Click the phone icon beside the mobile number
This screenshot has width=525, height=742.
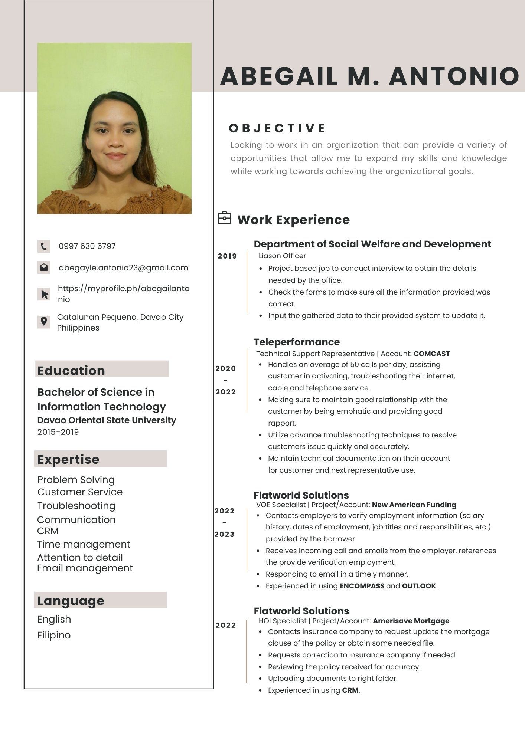(x=44, y=246)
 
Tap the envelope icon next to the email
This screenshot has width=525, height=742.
(x=44, y=267)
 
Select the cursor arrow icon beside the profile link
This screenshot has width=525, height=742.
(x=44, y=294)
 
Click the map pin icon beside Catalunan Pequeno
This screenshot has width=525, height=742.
(x=44, y=322)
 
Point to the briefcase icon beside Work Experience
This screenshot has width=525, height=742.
(x=224, y=218)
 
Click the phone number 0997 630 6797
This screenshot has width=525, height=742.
(x=87, y=246)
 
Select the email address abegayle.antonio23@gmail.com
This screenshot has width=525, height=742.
(x=123, y=268)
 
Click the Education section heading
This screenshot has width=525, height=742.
(x=71, y=371)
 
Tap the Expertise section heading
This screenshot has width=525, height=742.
(x=68, y=459)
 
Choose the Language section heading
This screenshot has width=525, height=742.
(x=71, y=601)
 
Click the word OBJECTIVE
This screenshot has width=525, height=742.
(x=277, y=128)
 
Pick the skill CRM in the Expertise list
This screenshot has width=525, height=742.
(x=48, y=531)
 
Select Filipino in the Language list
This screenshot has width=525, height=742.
(x=54, y=635)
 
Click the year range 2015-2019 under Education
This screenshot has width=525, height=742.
(x=58, y=432)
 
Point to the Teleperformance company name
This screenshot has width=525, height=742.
(x=297, y=342)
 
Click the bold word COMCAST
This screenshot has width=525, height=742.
(x=431, y=354)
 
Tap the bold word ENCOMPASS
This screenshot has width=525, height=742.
(x=362, y=586)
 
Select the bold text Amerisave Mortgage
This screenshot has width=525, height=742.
(x=411, y=621)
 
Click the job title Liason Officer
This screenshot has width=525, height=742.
(x=282, y=256)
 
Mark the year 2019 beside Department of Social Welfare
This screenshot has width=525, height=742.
(x=227, y=256)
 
